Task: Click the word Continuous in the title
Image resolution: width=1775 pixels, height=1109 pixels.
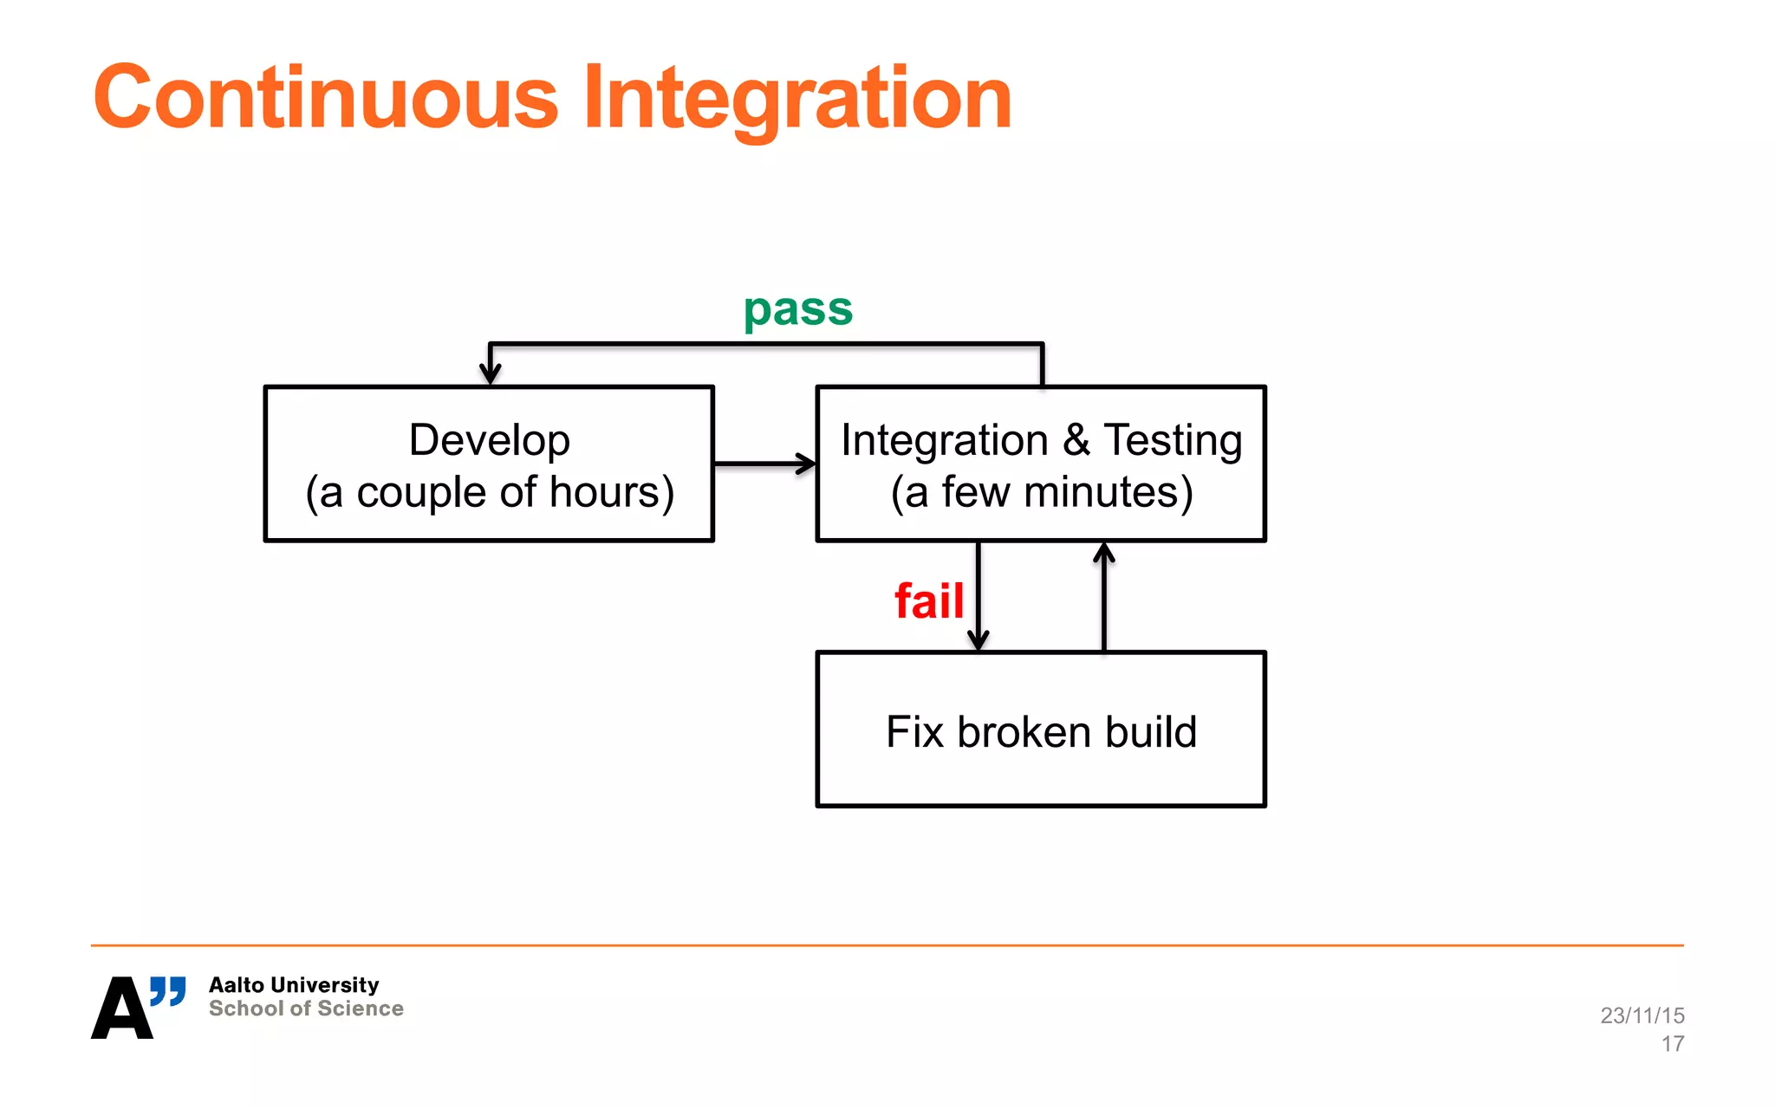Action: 326,98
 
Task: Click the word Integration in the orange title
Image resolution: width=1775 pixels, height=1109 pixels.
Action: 797,98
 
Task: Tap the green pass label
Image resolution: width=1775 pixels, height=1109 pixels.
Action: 798,309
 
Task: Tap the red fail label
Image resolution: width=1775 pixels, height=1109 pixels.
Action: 928,600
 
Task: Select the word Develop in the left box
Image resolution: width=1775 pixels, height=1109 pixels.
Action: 489,440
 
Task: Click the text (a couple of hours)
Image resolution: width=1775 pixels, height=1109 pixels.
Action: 490,492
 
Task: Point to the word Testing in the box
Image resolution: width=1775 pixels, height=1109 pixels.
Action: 1172,440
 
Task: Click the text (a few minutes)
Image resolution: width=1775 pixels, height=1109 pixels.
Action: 1042,492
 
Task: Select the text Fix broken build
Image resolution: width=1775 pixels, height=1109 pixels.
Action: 1041,732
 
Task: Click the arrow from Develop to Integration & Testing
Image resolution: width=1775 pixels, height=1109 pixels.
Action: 763,464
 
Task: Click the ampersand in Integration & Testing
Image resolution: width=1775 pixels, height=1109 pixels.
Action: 1076,440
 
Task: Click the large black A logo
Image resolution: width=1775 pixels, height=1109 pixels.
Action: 121,1009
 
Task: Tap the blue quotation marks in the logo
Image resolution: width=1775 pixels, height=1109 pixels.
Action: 168,990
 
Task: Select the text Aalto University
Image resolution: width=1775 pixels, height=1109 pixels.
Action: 294,985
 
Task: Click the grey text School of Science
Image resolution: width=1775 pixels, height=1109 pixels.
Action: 306,1008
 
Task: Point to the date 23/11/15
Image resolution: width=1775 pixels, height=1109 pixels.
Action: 1642,1015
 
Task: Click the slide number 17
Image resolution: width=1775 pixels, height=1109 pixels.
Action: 1672,1044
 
